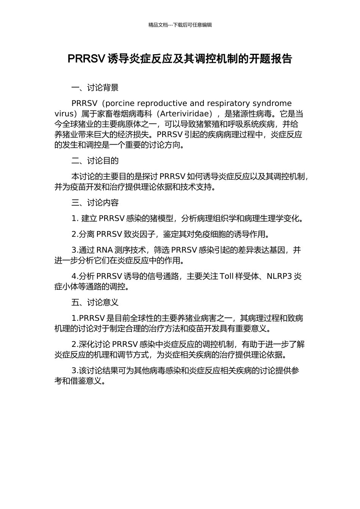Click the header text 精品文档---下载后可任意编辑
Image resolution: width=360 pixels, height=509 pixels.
[x=180, y=25]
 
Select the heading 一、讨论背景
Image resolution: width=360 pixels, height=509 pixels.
[x=95, y=88]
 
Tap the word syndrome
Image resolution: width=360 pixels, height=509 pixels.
[x=272, y=103]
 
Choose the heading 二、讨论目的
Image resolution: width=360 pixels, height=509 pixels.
[x=95, y=161]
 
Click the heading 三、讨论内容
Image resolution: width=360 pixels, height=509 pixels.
[x=95, y=203]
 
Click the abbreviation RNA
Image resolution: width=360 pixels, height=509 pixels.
[x=105, y=250]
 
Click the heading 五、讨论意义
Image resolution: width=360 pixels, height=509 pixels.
[x=95, y=303]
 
